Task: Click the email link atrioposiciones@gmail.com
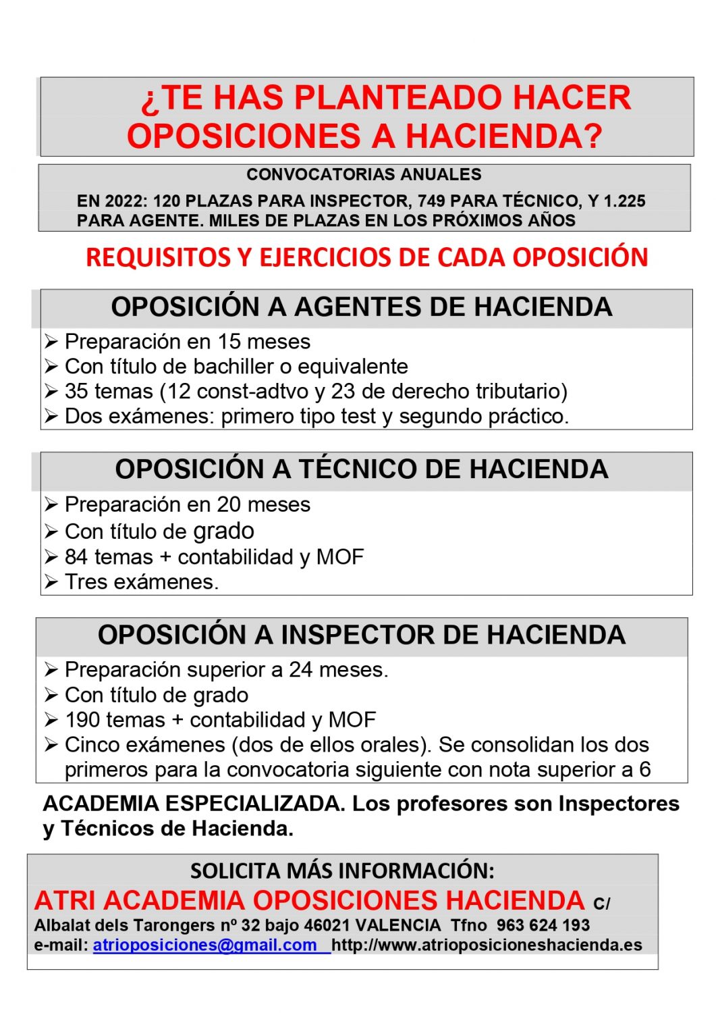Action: [x=204, y=945]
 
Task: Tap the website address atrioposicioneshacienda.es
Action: [x=487, y=945]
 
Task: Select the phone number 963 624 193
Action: [x=543, y=925]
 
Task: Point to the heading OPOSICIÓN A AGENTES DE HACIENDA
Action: [x=362, y=307]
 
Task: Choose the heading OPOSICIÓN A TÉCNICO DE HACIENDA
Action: [x=362, y=469]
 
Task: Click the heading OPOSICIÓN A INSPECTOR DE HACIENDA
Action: [x=362, y=635]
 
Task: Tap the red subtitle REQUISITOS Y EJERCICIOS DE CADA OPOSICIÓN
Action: [x=366, y=257]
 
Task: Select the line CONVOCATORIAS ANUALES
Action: [x=364, y=174]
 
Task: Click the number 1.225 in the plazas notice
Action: [x=624, y=201]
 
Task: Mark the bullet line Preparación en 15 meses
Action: [x=187, y=342]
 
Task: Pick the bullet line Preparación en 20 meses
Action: [x=187, y=504]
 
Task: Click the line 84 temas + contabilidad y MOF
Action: [x=214, y=557]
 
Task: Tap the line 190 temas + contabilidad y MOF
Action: [x=220, y=720]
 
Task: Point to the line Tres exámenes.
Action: [x=142, y=582]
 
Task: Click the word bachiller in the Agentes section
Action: [x=237, y=367]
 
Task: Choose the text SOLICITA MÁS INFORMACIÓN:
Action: [x=342, y=871]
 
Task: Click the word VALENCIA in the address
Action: [x=398, y=925]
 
